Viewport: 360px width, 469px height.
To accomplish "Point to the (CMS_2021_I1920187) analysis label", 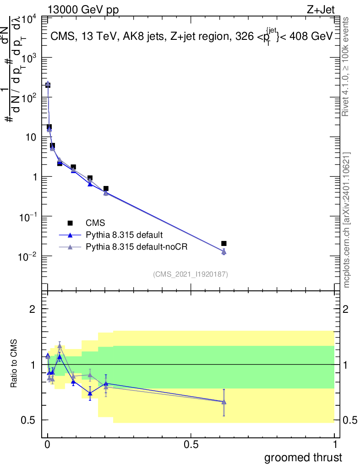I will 191,274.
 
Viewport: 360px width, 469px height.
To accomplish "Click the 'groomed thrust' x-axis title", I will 303,458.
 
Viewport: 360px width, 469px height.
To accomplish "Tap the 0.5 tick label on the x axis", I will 191,444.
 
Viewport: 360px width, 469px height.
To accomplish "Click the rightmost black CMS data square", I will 224,244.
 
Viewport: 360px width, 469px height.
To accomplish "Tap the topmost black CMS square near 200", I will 48,85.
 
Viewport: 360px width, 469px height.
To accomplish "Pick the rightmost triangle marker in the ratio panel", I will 224,402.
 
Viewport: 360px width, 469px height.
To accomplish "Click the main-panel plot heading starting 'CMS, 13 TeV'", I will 191,37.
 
